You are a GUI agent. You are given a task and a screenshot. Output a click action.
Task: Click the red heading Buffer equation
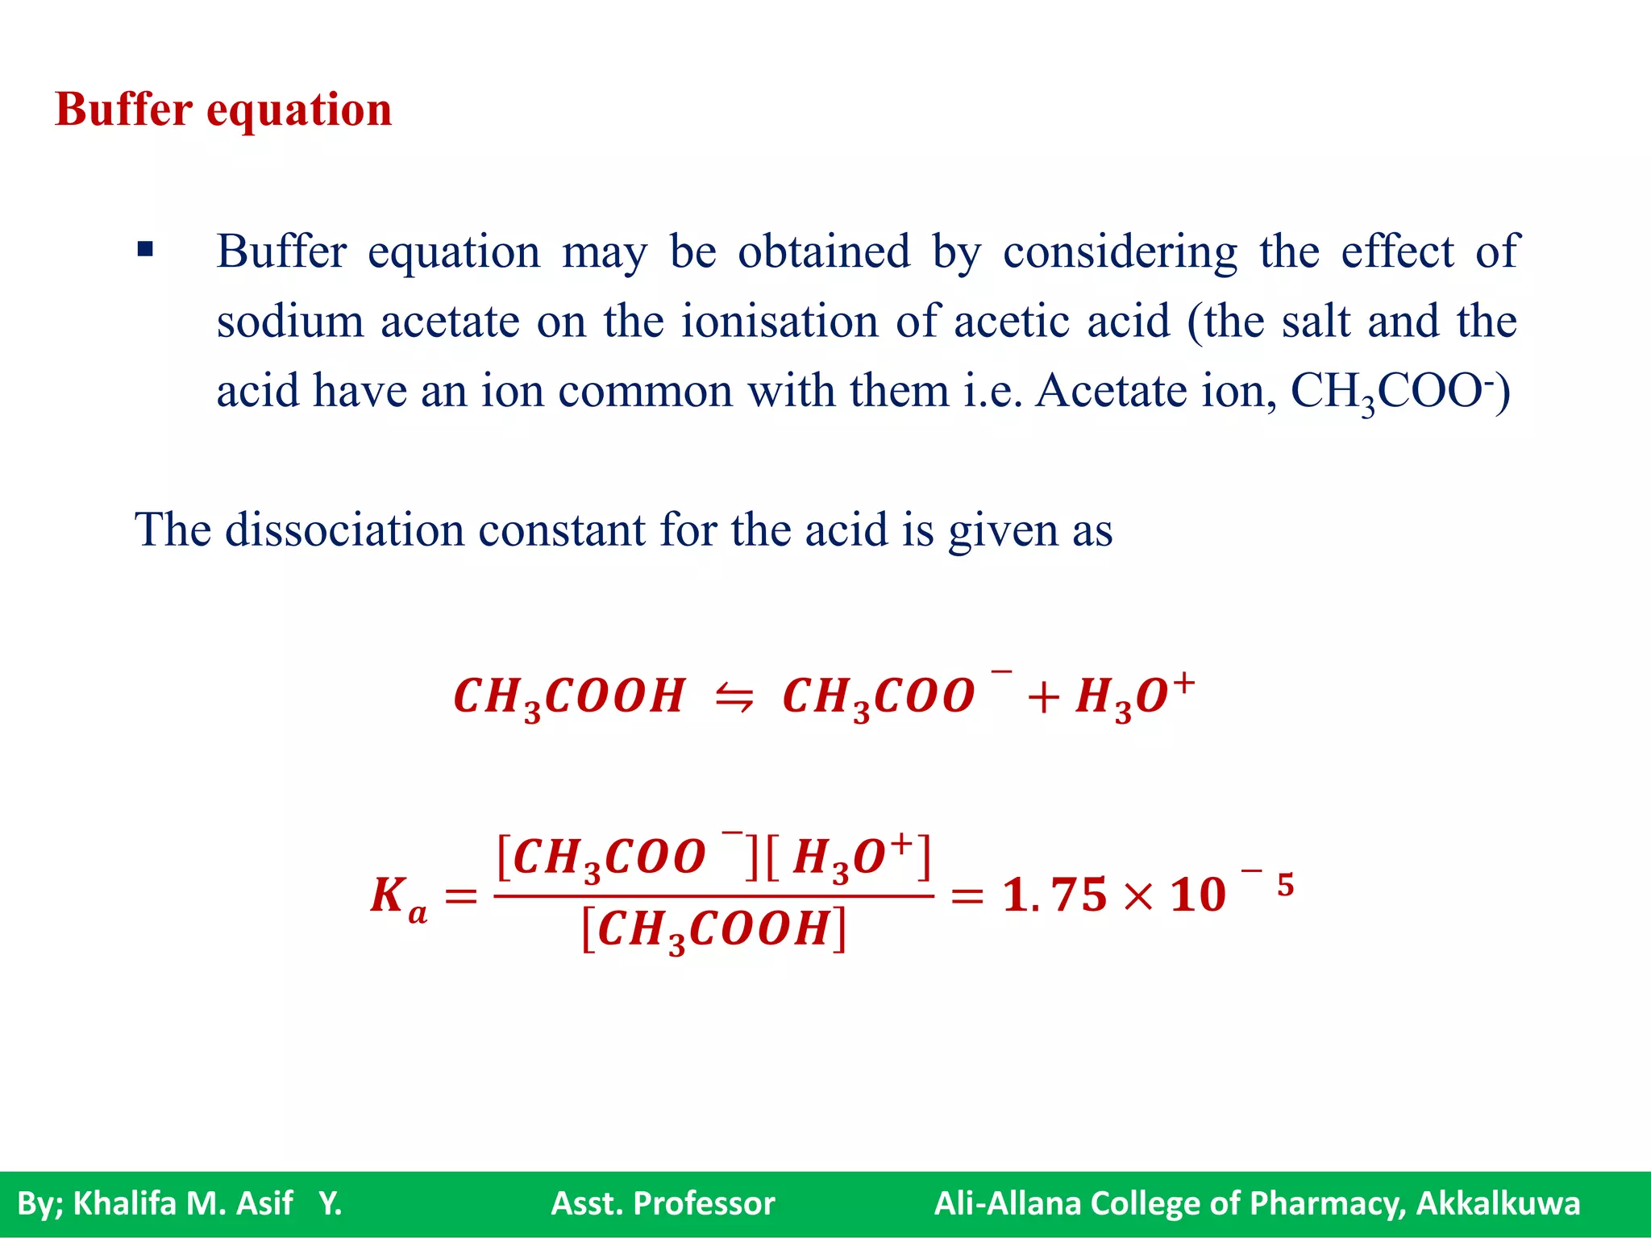pos(223,110)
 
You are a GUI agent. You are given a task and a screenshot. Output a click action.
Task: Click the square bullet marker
pos(145,249)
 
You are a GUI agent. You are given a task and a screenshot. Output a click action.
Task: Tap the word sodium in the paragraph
pos(290,322)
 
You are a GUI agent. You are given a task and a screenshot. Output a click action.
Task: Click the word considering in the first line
pos(1120,252)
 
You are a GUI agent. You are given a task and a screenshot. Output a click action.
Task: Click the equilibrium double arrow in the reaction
pos(734,696)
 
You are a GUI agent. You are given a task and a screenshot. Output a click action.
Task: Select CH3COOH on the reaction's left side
pos(569,696)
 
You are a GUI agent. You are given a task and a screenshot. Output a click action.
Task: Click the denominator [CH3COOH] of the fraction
pos(714,930)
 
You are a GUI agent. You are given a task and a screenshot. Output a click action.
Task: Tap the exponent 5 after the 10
pos(1285,885)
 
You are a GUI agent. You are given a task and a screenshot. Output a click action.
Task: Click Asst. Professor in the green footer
pos(663,1203)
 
